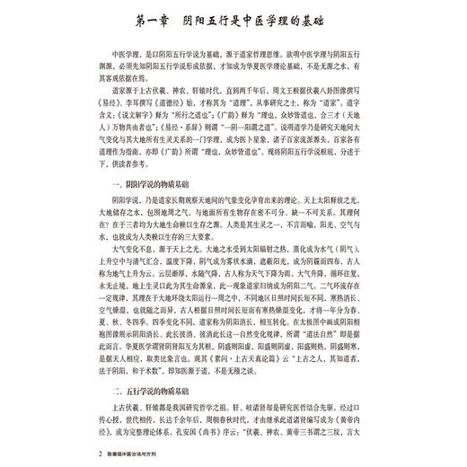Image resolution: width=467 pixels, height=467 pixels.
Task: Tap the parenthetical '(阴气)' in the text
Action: pos(350,253)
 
